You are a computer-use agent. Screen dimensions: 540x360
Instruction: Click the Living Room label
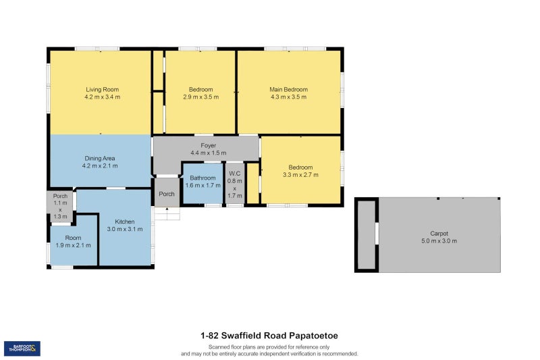103,90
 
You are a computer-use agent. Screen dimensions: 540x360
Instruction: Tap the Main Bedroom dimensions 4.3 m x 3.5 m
289,97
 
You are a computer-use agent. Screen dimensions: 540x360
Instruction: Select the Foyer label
209,146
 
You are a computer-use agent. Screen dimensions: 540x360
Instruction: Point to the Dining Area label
100,159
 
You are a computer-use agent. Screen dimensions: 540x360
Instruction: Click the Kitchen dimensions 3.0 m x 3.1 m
125,229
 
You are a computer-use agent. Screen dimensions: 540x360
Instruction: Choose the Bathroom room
203,183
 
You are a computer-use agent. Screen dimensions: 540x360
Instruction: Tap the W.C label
234,174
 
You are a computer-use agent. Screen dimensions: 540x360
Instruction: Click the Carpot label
439,234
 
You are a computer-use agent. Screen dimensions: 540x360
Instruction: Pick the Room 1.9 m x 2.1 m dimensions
74,245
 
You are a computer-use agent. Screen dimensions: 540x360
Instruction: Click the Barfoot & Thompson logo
22,349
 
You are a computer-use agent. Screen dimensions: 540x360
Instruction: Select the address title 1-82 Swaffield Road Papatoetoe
269,336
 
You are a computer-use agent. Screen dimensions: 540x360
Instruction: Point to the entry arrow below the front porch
167,209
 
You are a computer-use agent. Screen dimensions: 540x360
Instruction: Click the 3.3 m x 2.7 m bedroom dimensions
300,175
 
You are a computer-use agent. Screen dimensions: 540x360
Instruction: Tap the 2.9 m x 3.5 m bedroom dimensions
200,97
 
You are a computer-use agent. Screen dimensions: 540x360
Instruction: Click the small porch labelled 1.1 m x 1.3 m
60,207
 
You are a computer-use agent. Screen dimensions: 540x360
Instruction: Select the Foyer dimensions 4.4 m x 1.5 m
209,153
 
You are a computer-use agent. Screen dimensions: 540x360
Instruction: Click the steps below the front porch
167,213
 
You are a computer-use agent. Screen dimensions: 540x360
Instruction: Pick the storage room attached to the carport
367,235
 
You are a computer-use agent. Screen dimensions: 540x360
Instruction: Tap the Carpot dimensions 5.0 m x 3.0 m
439,241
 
